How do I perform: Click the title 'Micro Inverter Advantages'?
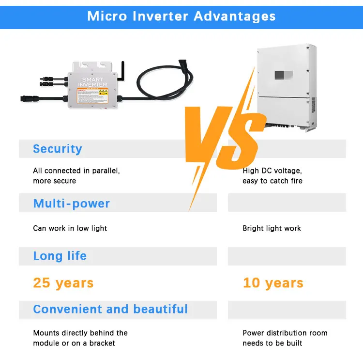(181, 16)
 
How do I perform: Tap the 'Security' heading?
(58, 149)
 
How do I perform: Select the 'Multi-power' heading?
(71, 203)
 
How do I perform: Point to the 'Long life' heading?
(60, 256)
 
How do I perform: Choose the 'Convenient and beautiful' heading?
(110, 309)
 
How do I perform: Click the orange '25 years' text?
(63, 282)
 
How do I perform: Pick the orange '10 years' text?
(273, 282)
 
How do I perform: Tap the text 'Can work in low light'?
(70, 228)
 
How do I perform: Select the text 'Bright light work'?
(272, 228)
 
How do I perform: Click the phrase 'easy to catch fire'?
(272, 181)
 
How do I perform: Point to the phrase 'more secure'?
(54, 181)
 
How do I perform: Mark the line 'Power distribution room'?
(285, 333)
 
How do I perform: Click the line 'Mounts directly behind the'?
(80, 333)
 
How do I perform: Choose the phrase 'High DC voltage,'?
(272, 171)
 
